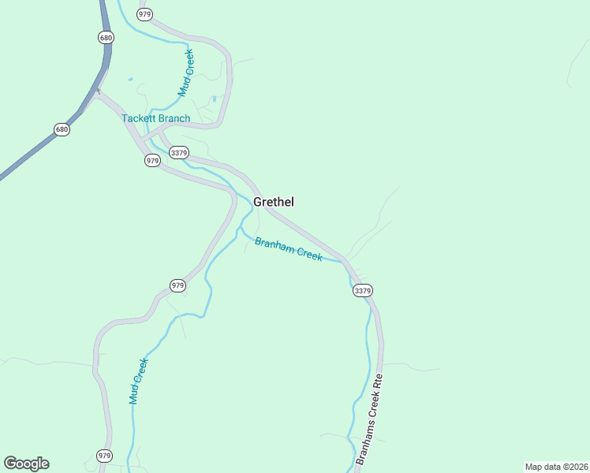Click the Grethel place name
(x=274, y=202)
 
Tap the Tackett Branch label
(x=155, y=118)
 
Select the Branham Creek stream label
(x=288, y=249)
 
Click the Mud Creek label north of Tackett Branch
(x=185, y=73)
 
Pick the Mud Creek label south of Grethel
(x=139, y=381)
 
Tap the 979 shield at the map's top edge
(x=144, y=14)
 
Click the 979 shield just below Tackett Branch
(x=153, y=160)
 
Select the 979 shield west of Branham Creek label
(x=177, y=285)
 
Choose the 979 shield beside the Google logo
(x=105, y=456)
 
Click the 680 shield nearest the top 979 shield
(x=106, y=37)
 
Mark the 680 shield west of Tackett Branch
(x=62, y=128)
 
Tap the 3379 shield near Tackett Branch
(x=179, y=153)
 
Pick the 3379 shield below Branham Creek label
(x=362, y=290)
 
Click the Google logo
(x=26, y=464)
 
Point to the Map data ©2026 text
(x=556, y=467)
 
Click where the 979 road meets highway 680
(x=98, y=92)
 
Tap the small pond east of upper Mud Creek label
(x=214, y=99)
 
